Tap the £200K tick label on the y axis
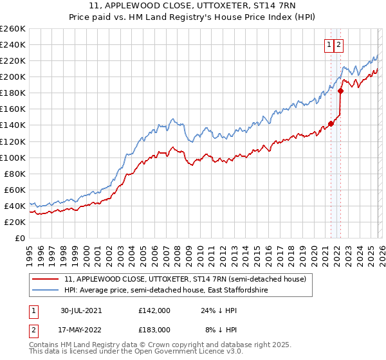point(12,76)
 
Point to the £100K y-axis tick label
point(12,157)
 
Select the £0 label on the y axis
point(19,238)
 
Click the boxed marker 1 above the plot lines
point(329,45)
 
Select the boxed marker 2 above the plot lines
point(339,45)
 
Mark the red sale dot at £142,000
point(331,123)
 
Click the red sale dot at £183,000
point(340,91)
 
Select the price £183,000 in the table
point(154,329)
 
